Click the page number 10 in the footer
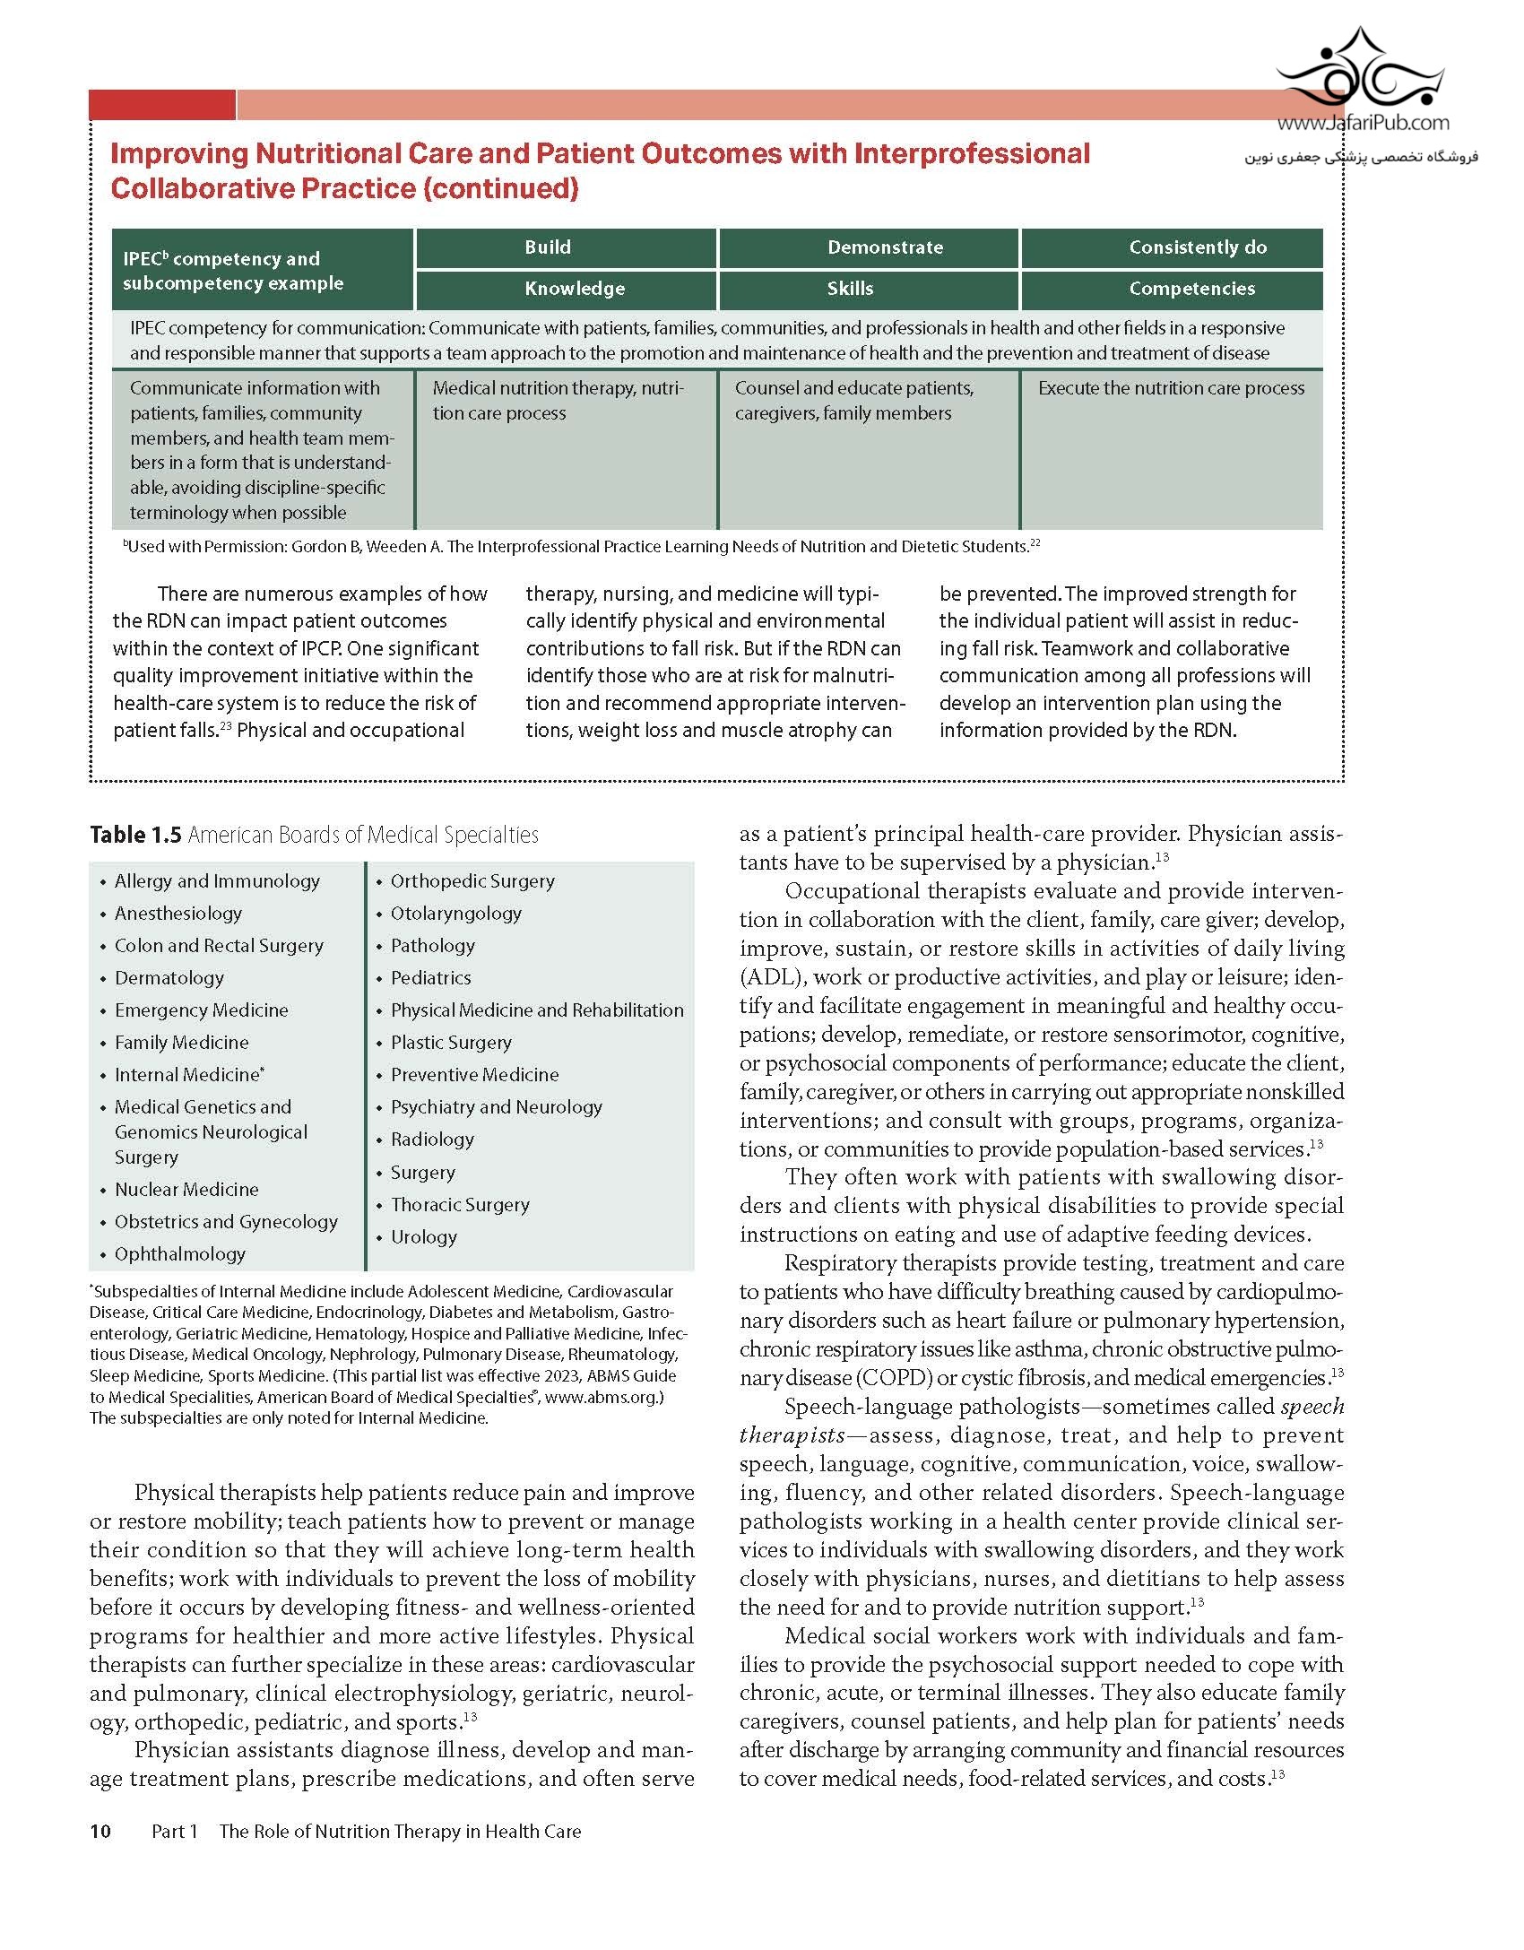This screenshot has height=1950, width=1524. pos(100,1831)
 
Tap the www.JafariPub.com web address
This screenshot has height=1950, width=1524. pos(1363,124)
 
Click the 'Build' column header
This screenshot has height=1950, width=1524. pos(548,247)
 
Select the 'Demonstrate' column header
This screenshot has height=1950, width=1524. pos(885,247)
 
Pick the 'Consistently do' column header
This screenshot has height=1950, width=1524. pos(1198,247)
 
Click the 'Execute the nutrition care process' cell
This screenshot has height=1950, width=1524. pos(1171,388)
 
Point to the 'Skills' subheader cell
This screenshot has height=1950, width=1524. pos(850,289)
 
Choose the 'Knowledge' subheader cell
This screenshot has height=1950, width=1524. pos(575,289)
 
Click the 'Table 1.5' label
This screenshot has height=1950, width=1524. pos(135,835)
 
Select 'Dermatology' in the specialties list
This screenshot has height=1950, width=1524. pos(169,978)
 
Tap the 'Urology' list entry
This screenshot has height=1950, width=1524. pos(423,1237)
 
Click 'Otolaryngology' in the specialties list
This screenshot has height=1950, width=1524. pos(455,914)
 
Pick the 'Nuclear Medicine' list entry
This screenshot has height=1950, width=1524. pos(186,1190)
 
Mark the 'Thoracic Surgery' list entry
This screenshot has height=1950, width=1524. pos(460,1205)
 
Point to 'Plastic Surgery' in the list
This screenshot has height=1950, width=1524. pos(451,1043)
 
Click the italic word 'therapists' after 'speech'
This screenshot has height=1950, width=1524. pos(792,1435)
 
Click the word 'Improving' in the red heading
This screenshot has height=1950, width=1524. pos(178,153)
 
